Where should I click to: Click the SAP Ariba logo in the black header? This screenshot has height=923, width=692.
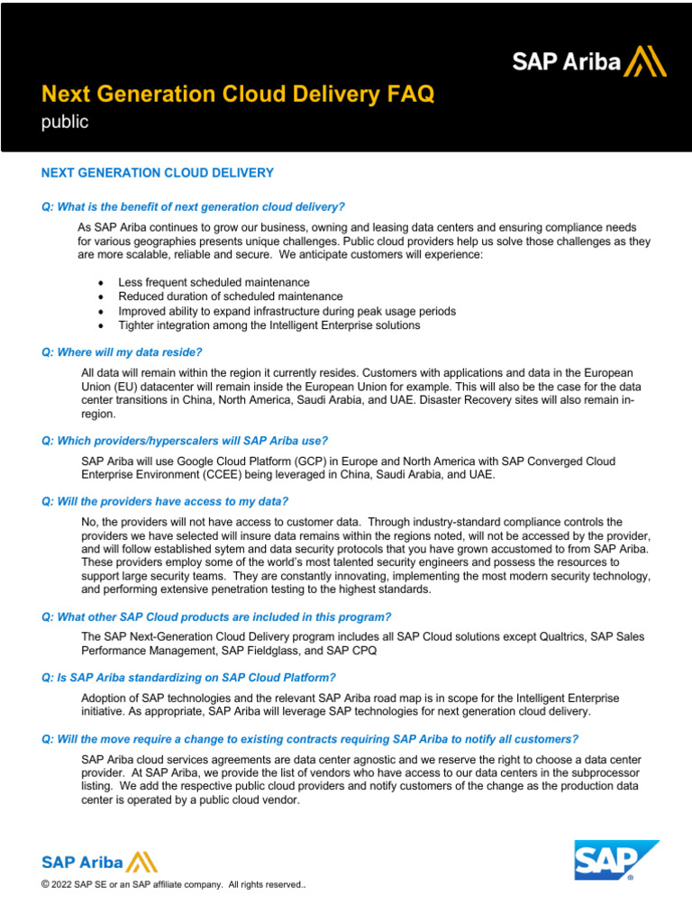tap(589, 61)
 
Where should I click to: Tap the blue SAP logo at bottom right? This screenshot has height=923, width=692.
tap(616, 860)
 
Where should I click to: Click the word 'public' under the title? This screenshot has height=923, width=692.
tap(65, 122)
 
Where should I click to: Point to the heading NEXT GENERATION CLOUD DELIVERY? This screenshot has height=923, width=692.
tap(158, 172)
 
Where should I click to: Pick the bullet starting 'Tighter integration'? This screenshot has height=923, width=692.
tap(269, 325)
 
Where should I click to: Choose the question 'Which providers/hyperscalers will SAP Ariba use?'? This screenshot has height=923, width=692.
tap(185, 441)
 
